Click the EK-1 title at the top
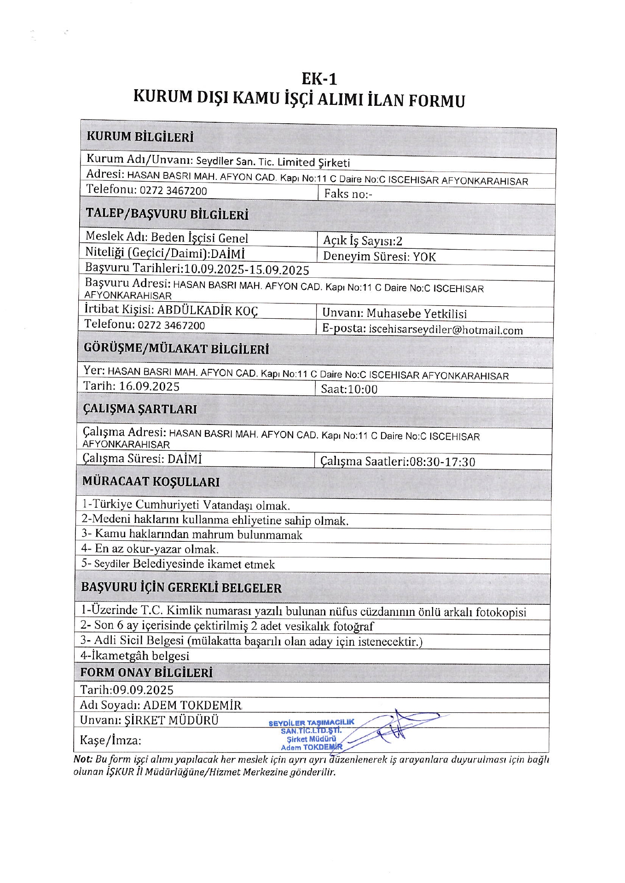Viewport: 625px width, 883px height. coord(319,79)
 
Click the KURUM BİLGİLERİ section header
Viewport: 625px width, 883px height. coord(140,137)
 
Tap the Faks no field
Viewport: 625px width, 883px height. coord(348,194)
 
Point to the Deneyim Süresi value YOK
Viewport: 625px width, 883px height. coord(424,257)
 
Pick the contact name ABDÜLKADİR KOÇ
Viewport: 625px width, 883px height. coord(208,310)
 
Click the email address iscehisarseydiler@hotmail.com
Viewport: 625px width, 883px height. coord(446,330)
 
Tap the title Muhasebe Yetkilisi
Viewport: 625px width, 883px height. coord(417,314)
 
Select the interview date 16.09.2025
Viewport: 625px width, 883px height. coord(149,386)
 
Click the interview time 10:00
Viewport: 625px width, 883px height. coord(362,390)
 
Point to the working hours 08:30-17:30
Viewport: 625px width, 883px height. coord(442,461)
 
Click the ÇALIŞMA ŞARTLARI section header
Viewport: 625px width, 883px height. coord(140,409)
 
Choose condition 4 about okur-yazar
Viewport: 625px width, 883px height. coord(150,549)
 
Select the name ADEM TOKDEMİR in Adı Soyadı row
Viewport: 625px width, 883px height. coord(192,705)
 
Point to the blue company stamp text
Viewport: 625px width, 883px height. coord(312,734)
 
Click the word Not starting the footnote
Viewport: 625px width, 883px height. coord(82,759)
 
